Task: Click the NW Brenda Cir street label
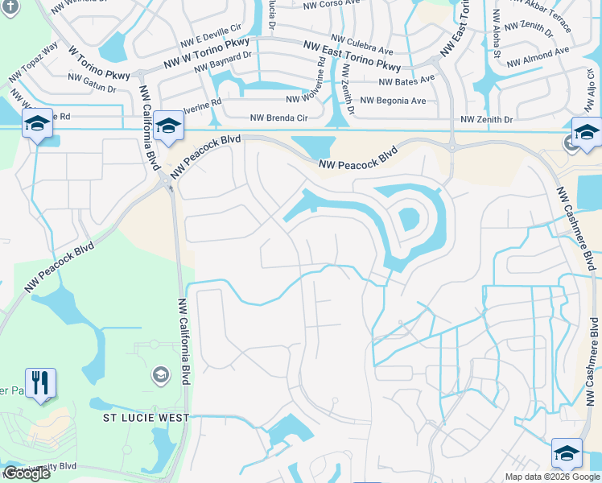[x=279, y=118]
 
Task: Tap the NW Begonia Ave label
[x=394, y=101]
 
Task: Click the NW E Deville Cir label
[x=210, y=36]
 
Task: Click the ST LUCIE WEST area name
[x=146, y=418]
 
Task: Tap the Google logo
[x=27, y=474]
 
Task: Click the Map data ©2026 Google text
[x=551, y=477]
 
